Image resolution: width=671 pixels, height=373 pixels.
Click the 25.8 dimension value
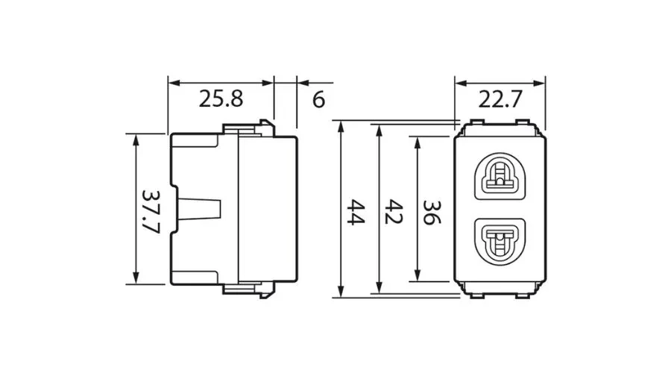(x=221, y=98)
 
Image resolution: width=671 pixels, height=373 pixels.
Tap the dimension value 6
(x=318, y=98)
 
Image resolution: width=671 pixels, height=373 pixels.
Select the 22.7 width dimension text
(x=500, y=98)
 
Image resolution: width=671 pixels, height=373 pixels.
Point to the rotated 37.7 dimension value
(x=151, y=210)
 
